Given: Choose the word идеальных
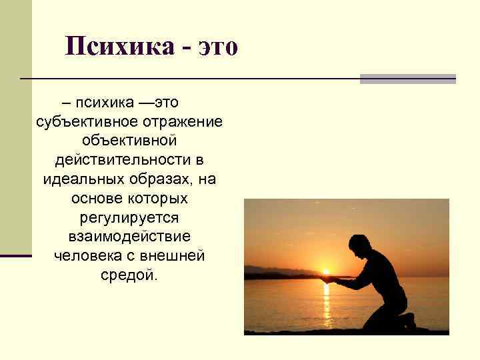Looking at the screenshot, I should click(79, 180).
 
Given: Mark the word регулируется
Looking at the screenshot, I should click(129, 218).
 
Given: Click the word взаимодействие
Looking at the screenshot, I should click(129, 237).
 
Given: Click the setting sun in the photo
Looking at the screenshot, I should click(326, 271).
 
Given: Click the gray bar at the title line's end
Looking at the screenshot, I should click(407, 79).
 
